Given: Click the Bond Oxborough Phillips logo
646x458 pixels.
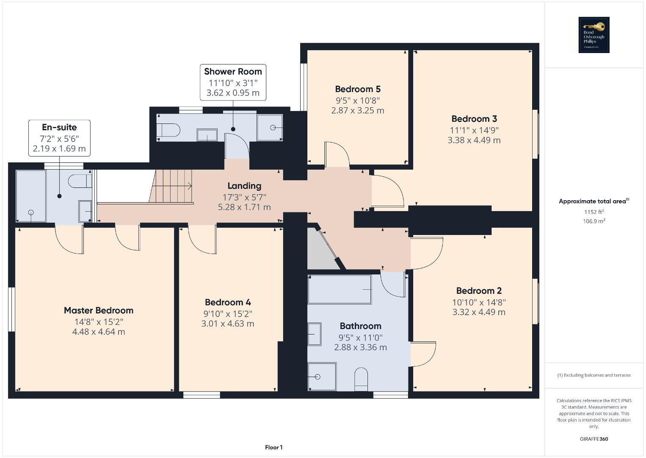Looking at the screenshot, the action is click(594, 35).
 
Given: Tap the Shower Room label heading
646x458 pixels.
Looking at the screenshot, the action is click(233, 71).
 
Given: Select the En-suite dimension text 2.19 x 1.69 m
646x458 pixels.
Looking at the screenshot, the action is click(59, 148).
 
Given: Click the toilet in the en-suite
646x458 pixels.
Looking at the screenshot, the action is click(80, 182).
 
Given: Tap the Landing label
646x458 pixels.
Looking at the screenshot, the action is click(245, 186).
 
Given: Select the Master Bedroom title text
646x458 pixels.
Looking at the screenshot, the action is click(99, 310).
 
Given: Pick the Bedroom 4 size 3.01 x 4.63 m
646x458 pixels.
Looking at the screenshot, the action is click(228, 324).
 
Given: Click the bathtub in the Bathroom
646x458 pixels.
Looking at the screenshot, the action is click(340, 290).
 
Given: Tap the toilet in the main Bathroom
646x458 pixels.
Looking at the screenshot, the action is click(361, 379).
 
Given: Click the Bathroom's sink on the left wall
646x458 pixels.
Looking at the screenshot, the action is click(315, 334).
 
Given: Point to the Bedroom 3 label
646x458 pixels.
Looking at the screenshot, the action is click(474, 119).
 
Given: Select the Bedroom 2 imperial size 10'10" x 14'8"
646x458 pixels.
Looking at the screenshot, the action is click(479, 302).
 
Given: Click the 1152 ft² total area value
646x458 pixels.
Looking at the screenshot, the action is click(594, 212).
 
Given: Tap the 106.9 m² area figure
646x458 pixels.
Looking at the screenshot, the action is click(594, 221).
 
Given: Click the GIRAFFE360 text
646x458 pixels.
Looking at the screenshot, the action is click(594, 439).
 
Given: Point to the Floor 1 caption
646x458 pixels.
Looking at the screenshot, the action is click(274, 447).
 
